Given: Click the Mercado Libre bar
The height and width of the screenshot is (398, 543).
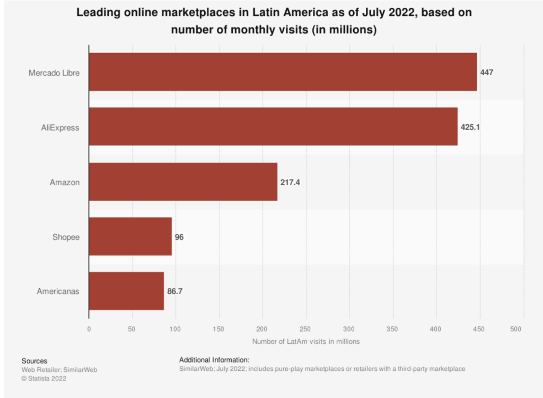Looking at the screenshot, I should coord(283,72).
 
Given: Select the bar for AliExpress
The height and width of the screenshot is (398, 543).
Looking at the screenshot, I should coord(273,126).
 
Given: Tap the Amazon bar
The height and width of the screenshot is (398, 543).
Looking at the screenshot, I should coord(183,181).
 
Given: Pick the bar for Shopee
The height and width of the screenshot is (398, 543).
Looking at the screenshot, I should coord(130,237).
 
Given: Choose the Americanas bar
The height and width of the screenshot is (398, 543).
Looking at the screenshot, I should coord(126,291).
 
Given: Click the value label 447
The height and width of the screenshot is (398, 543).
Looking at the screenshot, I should coord(487,72).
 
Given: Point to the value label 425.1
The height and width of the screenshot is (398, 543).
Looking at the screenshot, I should coord(470,127).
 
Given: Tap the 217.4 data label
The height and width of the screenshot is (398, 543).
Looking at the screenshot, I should coord(290,182).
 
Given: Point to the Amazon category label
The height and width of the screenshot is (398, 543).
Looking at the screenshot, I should coord(65,182).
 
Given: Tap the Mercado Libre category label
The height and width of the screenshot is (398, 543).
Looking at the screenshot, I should coord(54,72).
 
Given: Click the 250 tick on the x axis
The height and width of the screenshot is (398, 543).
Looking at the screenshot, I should coord(306,330).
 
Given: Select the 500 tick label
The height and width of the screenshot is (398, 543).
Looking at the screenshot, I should coord(523,330).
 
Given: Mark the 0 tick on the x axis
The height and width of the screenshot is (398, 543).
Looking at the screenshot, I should coord(89,330).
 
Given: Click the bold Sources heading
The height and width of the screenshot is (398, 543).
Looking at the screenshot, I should coord(34,361).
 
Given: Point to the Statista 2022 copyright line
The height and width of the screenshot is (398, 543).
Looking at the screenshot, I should coord(44,378).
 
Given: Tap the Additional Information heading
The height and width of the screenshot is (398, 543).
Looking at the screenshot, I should coord(214,360).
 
